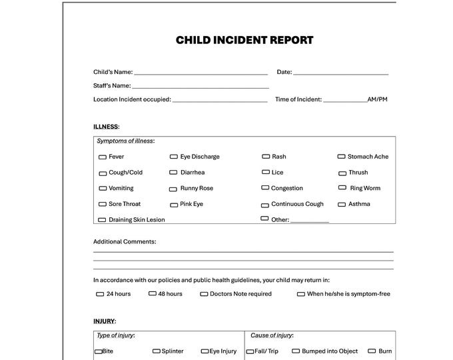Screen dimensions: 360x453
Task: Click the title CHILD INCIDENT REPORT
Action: pos(244,40)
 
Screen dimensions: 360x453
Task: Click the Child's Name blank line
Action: pos(201,73)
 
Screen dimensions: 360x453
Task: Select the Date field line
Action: pos(340,73)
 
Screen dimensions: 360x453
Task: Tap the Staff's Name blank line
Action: pos(201,87)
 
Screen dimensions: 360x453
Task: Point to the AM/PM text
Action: pos(377,99)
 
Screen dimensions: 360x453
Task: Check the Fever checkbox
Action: pos(103,157)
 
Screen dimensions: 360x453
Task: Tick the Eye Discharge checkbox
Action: pos(174,157)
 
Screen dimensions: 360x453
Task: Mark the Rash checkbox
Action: pos(265,157)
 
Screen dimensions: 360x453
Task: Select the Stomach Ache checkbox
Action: pos(341,157)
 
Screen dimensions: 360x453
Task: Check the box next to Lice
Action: pos(265,173)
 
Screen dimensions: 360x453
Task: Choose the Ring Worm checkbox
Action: pos(343,189)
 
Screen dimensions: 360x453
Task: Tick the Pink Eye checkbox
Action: pos(174,205)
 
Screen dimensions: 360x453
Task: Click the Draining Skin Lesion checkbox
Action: pos(103,220)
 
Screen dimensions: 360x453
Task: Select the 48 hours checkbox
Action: pos(153,293)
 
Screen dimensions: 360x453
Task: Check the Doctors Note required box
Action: pos(204,294)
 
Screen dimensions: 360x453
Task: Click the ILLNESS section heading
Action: pos(106,126)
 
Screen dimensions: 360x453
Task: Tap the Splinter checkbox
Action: pos(157,351)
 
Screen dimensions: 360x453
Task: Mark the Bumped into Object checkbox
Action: pos(295,351)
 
